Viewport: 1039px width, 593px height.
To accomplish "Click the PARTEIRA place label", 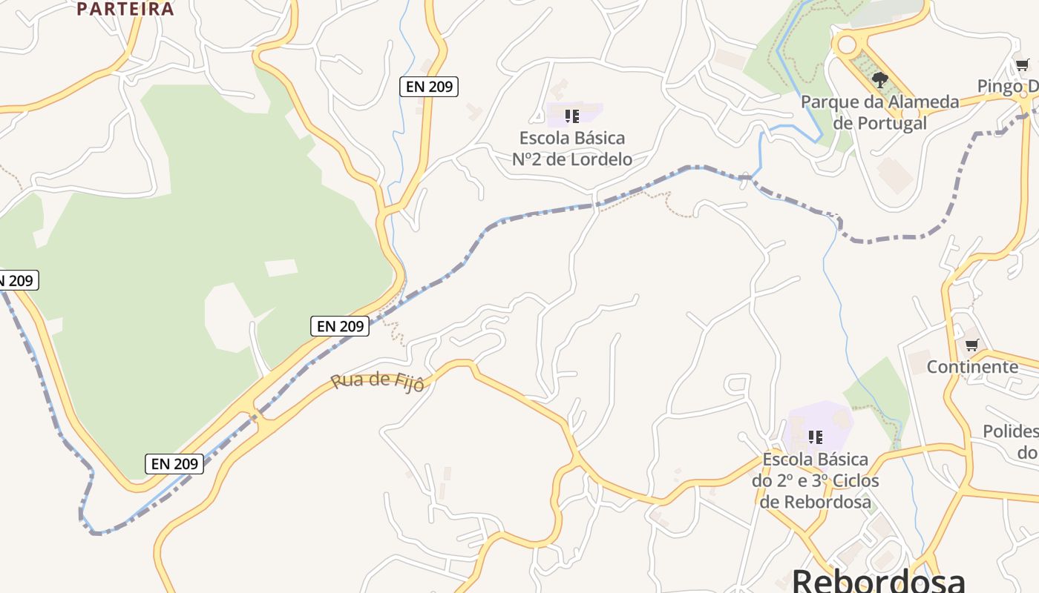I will tap(125, 9).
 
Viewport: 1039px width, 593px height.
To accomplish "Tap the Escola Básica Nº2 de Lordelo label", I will tap(572, 148).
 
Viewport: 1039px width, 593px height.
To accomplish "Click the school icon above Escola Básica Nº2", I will tap(572, 116).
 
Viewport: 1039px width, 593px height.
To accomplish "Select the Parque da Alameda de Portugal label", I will tap(880, 113).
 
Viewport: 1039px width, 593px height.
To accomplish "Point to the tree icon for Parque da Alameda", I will tap(880, 79).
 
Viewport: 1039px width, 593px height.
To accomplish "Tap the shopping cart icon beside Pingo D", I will tap(1023, 65).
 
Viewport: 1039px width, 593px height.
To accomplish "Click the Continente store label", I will tap(972, 367).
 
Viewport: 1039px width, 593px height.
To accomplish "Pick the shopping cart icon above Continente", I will tap(971, 345).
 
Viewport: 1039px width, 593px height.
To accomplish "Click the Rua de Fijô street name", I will tap(377, 382).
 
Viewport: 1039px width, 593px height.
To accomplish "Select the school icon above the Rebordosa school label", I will tap(816, 437).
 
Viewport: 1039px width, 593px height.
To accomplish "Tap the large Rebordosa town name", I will tap(879, 580).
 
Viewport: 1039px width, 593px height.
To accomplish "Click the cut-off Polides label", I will tap(1011, 441).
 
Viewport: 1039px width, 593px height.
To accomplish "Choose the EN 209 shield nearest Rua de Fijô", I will tap(339, 326).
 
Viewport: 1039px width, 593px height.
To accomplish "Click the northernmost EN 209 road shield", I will tap(429, 87).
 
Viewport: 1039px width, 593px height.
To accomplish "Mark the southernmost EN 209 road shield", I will tap(174, 464).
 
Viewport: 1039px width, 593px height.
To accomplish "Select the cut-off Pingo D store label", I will tap(1008, 87).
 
